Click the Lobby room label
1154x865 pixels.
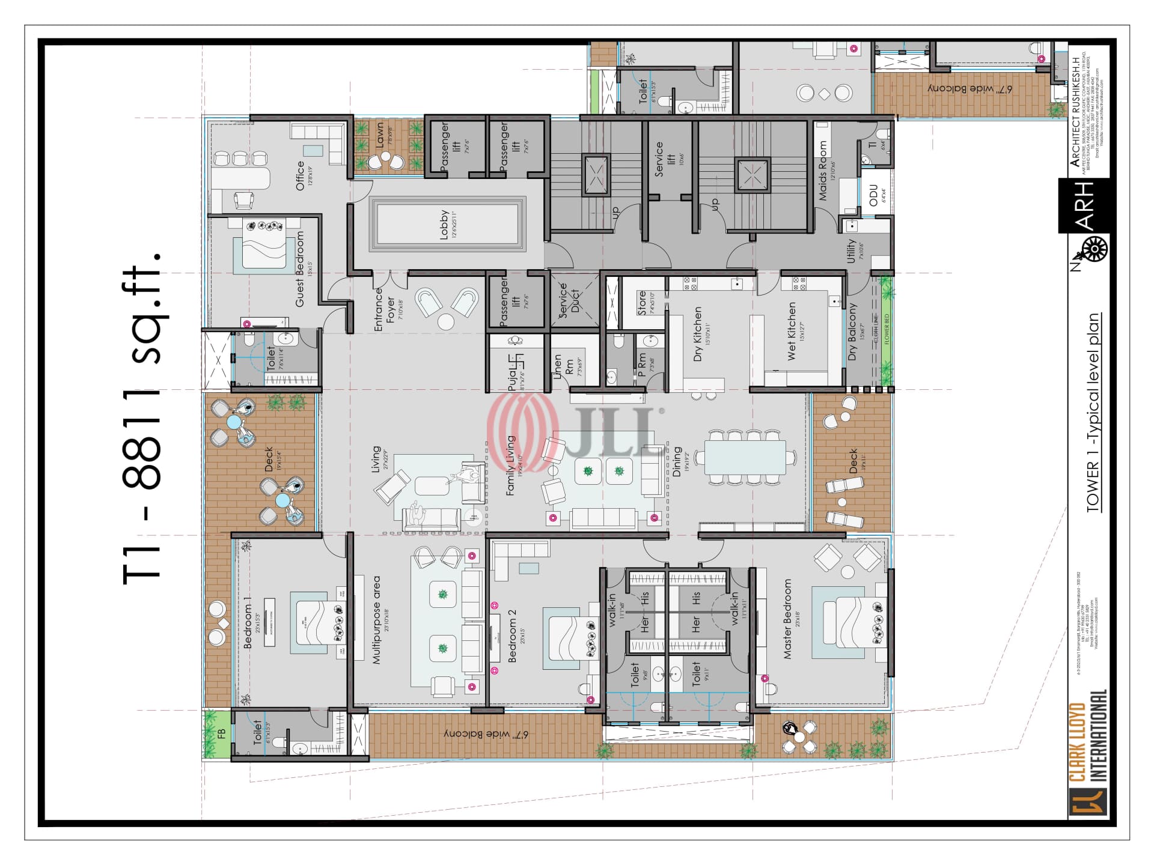coord(444,225)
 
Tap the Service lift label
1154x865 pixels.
coord(659,159)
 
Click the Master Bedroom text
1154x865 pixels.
coord(788,619)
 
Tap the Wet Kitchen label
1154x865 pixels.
coord(792,331)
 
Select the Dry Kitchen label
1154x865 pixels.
coord(698,334)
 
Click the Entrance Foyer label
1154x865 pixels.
coord(385,310)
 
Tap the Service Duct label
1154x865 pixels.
coord(569,300)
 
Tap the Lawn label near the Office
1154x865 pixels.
coord(380,138)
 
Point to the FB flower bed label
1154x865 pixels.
coord(221,733)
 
